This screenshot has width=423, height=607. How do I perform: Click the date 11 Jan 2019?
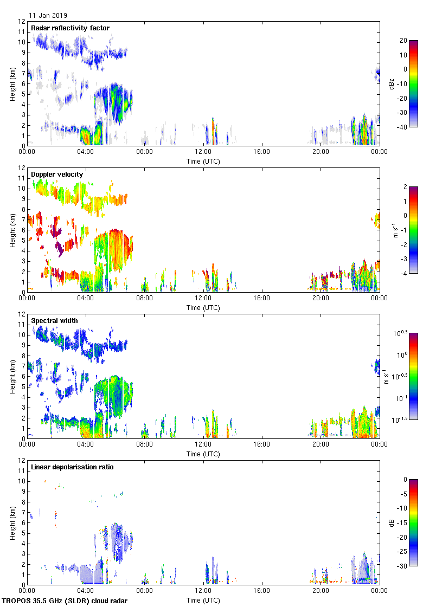click(48, 16)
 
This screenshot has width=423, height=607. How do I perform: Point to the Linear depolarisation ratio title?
click(72, 467)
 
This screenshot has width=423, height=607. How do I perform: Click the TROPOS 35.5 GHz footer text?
click(65, 601)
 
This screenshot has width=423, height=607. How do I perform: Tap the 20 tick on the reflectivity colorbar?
click(403, 41)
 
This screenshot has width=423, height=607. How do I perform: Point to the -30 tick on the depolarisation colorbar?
click(404, 566)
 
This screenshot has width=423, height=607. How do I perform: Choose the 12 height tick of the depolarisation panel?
click(22, 460)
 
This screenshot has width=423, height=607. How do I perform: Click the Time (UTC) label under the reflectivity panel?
click(203, 161)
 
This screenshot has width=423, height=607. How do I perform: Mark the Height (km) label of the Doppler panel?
click(12, 230)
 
